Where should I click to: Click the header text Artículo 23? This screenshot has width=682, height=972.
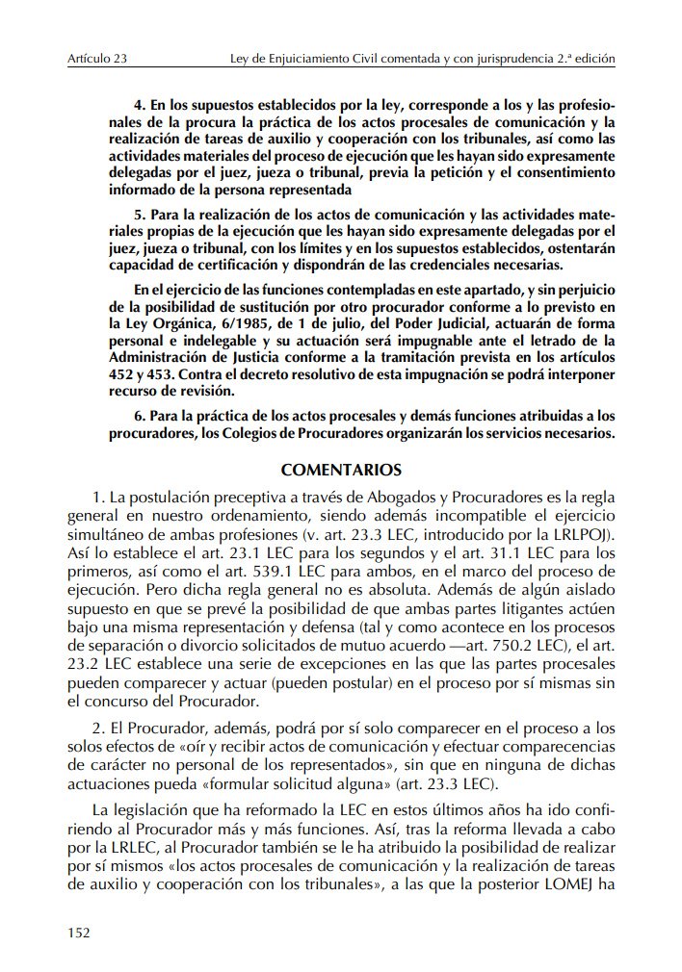click(98, 59)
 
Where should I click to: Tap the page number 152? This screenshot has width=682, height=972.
click(78, 931)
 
